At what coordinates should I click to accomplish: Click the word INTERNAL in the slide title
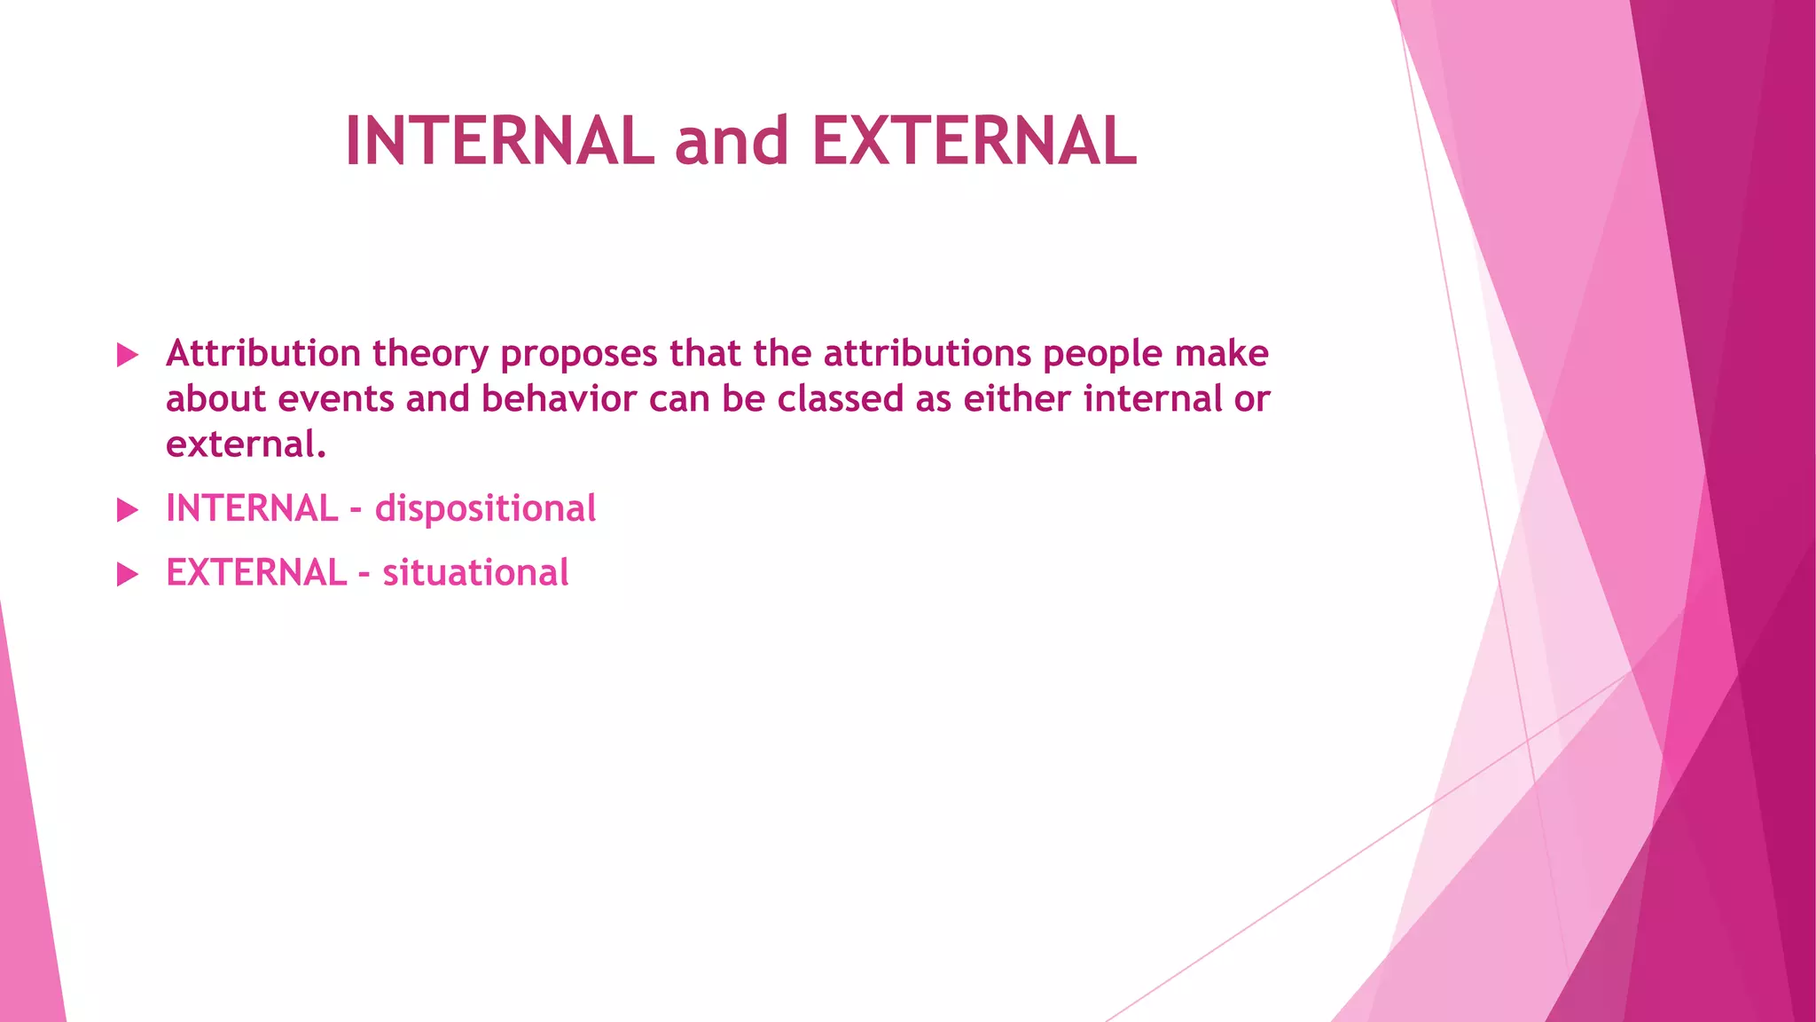click(x=499, y=142)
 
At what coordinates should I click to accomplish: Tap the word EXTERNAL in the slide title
click(x=974, y=142)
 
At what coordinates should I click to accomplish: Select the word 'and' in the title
click(x=732, y=142)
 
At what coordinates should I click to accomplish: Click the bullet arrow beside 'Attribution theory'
click(x=128, y=356)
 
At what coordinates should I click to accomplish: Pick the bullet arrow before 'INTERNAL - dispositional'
click(x=128, y=510)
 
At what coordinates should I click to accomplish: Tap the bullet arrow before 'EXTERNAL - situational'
click(x=128, y=575)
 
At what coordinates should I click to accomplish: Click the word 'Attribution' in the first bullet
click(x=262, y=354)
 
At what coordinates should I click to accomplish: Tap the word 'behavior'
click(x=559, y=399)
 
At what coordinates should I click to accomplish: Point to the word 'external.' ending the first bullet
click(x=246, y=444)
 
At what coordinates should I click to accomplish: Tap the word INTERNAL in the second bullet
click(x=252, y=509)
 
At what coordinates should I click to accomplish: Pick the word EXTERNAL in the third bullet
click(x=256, y=573)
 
